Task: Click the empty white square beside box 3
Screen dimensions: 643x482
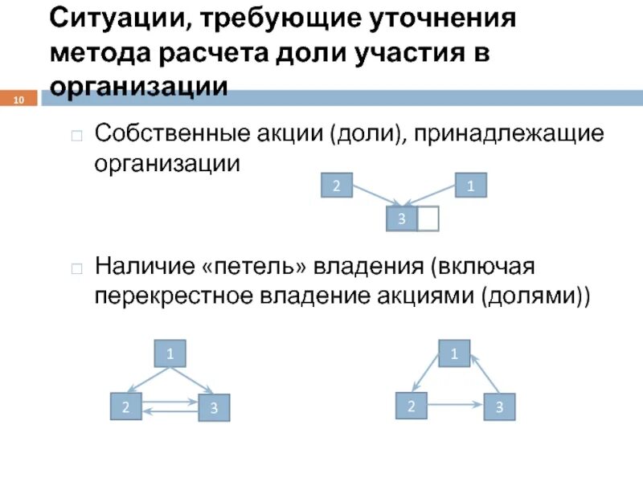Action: click(x=428, y=219)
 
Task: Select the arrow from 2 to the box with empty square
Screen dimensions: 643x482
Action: click(x=375, y=196)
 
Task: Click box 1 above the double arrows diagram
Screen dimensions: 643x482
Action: click(x=170, y=353)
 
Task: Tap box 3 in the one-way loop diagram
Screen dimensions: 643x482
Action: click(x=499, y=407)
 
